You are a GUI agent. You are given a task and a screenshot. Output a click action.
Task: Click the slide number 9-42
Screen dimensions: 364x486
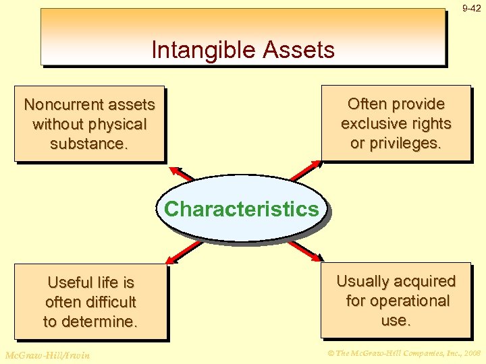(x=471, y=9)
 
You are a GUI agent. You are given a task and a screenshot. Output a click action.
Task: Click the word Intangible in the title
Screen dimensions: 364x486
(x=201, y=50)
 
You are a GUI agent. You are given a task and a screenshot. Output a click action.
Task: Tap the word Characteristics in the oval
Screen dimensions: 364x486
(x=241, y=209)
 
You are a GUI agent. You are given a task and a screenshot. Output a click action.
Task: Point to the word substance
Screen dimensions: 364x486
(x=89, y=144)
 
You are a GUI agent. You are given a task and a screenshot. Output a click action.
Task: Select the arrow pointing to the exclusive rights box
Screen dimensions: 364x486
(x=306, y=171)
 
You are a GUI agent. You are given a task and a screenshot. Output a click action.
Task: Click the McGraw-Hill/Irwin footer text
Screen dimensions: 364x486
(x=47, y=354)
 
